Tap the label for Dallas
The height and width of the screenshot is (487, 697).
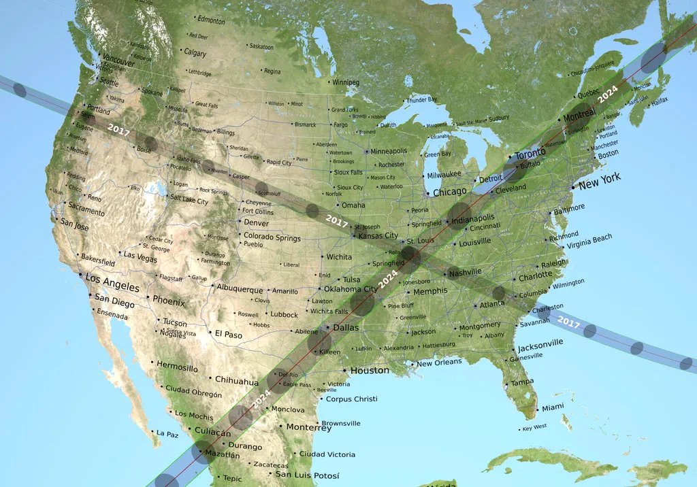click(345, 328)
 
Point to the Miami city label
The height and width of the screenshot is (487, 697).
click(553, 408)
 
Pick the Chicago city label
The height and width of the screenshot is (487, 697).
click(450, 192)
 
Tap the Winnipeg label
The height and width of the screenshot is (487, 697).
click(345, 82)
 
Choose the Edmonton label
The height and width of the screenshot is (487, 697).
click(211, 21)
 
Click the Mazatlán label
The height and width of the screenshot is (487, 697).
click(222, 454)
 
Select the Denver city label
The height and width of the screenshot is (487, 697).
click(256, 223)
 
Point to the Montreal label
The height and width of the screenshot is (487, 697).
click(579, 116)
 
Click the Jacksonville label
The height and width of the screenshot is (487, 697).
click(540, 344)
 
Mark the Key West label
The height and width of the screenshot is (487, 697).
click(534, 427)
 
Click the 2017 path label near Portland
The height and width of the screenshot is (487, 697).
click(118, 129)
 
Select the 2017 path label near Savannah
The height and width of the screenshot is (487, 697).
click(568, 322)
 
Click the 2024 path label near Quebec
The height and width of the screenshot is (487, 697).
click(607, 93)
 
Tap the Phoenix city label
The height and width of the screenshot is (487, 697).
click(168, 301)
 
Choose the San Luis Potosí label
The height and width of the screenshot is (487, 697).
click(307, 475)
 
